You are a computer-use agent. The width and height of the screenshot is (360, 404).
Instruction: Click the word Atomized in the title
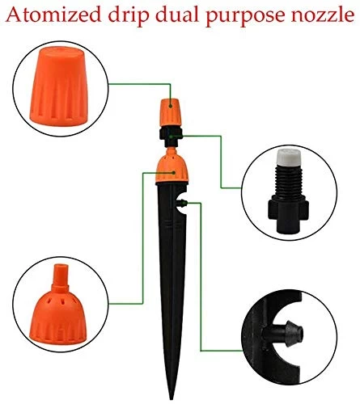[x=53, y=15]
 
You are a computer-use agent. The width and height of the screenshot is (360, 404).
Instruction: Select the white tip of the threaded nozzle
[x=288, y=157]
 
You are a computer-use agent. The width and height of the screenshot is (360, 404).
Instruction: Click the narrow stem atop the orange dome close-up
[x=61, y=277]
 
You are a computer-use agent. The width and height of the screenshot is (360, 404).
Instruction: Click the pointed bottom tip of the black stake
[x=171, y=398]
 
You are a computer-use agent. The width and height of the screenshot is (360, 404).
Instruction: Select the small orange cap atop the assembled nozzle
[x=171, y=112]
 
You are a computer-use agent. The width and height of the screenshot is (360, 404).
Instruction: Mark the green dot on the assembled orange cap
[x=171, y=107]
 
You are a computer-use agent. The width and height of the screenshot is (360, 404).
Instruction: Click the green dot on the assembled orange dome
[x=174, y=173]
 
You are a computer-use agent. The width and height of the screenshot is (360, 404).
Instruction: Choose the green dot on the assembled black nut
[x=171, y=137]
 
